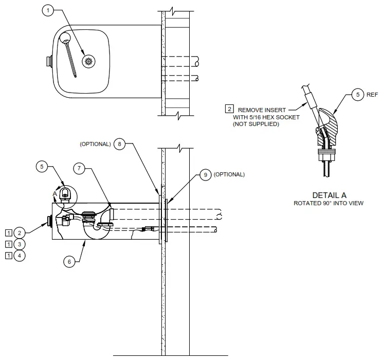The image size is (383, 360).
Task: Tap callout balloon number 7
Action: (78, 168)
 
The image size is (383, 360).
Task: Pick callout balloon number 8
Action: (119, 145)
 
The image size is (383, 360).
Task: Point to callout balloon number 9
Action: (205, 175)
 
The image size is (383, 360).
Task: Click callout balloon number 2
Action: (19, 232)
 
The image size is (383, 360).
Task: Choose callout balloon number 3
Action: (19, 244)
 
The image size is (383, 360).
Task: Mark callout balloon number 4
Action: (19, 255)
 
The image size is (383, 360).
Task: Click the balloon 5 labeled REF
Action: (358, 96)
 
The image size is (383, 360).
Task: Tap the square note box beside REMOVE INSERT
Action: (228, 109)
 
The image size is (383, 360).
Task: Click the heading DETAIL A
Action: (329, 195)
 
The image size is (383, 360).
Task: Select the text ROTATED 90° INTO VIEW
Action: (329, 203)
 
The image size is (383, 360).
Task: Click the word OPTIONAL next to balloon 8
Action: (95, 145)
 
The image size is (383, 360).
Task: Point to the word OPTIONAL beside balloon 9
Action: (229, 175)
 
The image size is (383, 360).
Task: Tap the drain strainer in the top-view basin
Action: (89, 61)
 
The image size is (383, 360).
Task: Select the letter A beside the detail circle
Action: (54, 193)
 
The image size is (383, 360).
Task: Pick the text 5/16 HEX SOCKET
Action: (263, 117)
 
